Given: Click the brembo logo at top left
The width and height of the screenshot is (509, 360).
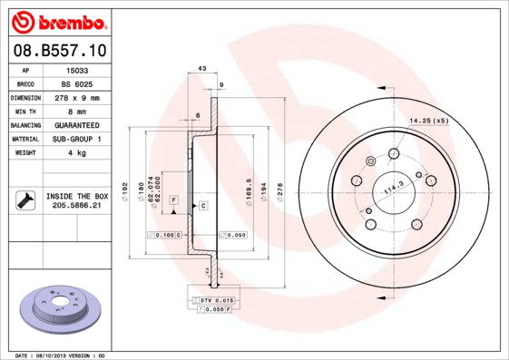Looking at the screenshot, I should [59, 21].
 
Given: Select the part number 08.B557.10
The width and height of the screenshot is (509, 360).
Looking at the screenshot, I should [59, 51].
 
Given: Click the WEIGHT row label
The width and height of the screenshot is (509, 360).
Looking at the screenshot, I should [24, 152].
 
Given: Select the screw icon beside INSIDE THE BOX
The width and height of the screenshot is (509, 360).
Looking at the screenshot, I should [24, 200].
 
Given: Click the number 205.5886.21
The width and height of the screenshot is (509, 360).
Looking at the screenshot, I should [77, 206].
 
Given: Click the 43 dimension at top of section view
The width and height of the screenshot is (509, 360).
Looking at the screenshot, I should [201, 69].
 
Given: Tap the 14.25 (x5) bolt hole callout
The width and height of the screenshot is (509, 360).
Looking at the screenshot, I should [429, 121].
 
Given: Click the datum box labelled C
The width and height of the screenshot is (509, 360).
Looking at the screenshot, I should [203, 206].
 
